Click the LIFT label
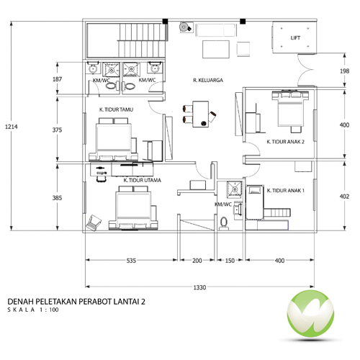295,38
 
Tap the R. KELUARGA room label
208,80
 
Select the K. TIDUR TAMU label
116,109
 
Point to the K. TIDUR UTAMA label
143,180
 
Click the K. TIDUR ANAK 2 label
285,142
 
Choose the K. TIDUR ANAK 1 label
286,191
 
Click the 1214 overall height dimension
12,127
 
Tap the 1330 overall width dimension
199,287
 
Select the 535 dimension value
131,261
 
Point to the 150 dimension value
230,261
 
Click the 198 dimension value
344,71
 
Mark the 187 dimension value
57,79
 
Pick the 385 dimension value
57,198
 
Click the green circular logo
310,314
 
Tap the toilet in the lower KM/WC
224,223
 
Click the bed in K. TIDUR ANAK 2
289,111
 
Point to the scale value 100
54,310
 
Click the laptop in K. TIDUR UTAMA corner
94,222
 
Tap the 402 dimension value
344,197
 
